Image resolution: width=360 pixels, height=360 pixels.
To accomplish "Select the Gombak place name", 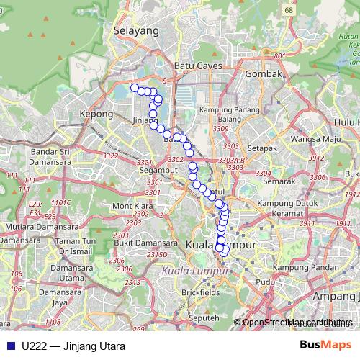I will pos(261,73).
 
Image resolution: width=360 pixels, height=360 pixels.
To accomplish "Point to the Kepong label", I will pos(97,114).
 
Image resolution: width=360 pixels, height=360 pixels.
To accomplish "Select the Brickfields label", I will pos(199,293).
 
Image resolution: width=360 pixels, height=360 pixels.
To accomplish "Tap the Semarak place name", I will pos(279,181).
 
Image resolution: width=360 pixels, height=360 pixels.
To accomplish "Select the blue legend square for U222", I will pos(11,346).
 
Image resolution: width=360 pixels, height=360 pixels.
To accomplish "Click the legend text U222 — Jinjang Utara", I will pos(68,346).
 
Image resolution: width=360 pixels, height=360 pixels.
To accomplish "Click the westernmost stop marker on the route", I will pos(135,88).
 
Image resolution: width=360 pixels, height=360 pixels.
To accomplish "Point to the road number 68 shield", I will pos(269,11).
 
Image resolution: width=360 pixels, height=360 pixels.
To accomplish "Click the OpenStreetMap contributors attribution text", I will pos(297,322).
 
